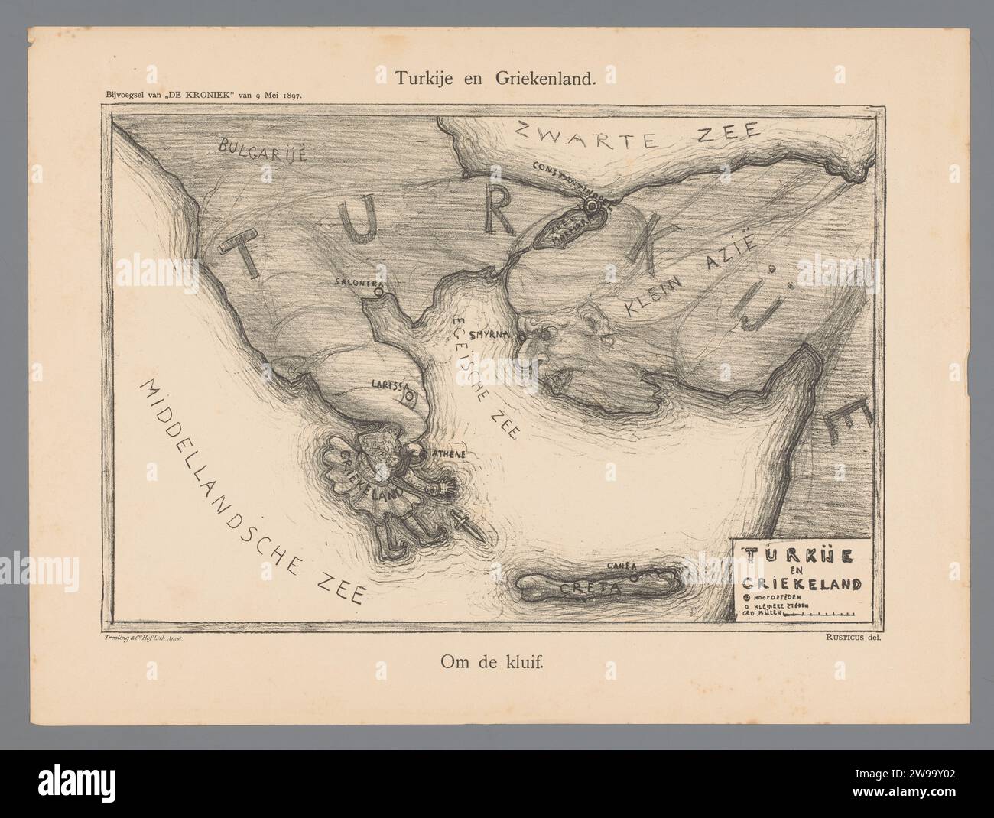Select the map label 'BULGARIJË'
click(x=261, y=148)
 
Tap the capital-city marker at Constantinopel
click(x=591, y=206)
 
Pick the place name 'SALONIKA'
click(x=356, y=283)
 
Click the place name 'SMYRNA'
click(x=486, y=335)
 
